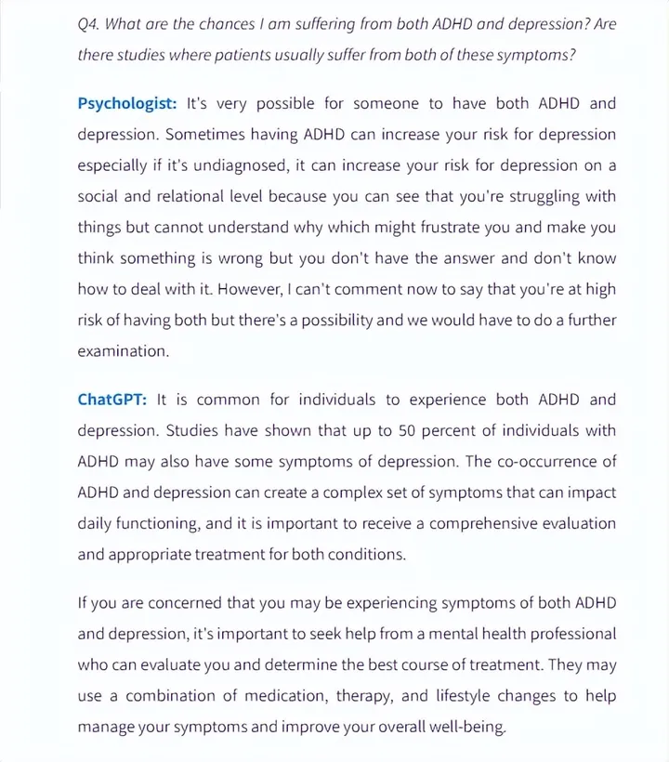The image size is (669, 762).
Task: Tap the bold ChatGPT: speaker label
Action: coord(111,400)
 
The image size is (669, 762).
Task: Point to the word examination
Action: coord(124,352)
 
